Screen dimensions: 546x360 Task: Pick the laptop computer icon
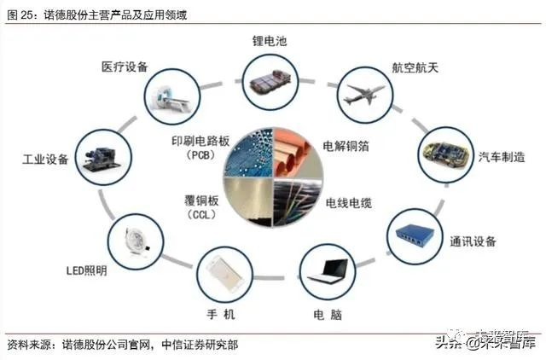[325, 270]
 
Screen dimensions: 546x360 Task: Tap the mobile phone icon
[224, 272]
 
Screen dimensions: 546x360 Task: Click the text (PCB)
[202, 155]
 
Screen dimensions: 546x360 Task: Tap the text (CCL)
[202, 214]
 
